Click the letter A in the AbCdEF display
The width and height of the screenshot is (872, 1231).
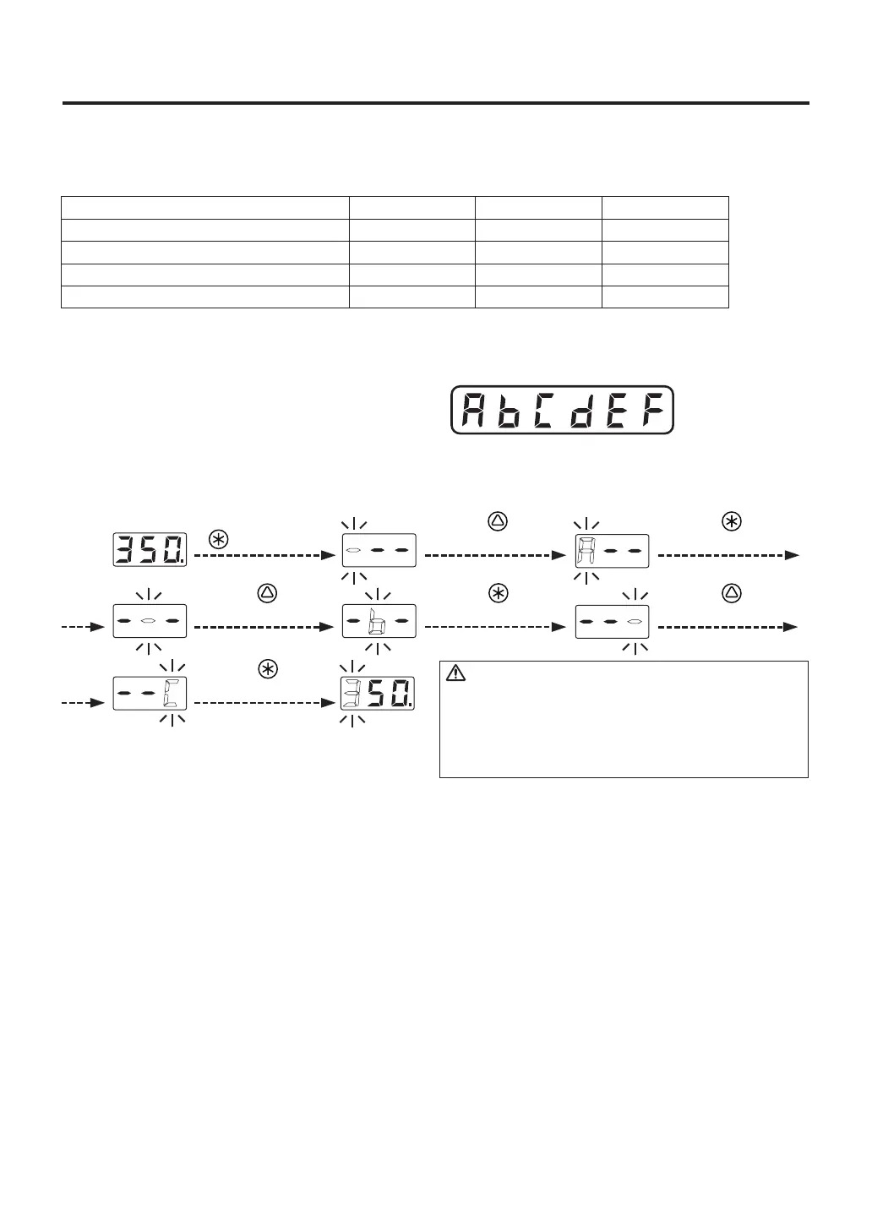[x=474, y=411]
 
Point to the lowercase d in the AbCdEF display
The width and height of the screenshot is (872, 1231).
[x=579, y=411]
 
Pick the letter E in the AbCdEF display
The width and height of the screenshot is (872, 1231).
[x=614, y=411]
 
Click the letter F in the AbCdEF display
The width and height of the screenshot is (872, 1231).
[x=649, y=411]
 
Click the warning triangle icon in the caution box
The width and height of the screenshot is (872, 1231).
[x=455, y=673]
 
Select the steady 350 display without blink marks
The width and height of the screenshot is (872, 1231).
[x=150, y=550]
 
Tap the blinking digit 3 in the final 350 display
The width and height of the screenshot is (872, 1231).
[x=351, y=694]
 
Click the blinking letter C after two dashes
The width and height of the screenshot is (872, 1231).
[x=172, y=694]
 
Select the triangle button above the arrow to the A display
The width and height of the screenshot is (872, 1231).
[x=499, y=521]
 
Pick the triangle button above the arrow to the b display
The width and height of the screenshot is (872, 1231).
[x=268, y=593]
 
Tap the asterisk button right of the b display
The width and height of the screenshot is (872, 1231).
[x=499, y=593]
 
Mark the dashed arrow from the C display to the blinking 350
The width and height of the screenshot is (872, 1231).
[x=263, y=703]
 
